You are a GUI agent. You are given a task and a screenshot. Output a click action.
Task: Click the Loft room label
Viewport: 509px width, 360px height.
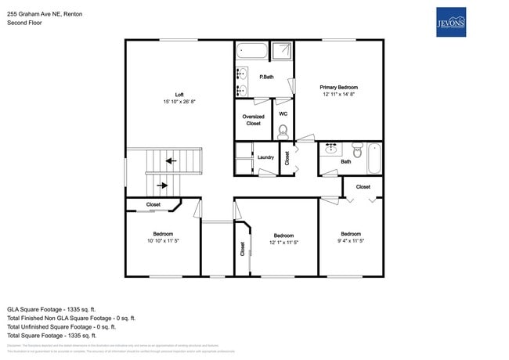[179, 95]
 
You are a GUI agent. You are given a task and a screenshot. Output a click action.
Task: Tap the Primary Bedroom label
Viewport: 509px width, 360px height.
[338, 87]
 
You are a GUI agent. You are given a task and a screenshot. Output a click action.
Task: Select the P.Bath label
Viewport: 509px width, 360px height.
[266, 77]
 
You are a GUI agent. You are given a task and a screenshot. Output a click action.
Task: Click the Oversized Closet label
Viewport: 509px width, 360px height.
[253, 120]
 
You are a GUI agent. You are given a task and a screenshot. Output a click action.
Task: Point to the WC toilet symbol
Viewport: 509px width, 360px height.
[283, 131]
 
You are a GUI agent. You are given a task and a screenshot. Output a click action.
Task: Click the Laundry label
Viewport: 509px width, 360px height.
[265, 157]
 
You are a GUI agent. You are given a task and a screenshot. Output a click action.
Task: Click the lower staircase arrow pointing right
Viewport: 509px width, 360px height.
[162, 185]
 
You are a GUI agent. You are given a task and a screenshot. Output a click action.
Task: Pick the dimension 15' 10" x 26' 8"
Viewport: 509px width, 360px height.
[179, 103]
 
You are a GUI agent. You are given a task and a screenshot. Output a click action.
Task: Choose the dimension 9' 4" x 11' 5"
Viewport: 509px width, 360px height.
[350, 241]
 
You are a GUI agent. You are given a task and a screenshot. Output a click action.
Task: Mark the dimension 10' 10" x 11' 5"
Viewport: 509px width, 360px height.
[163, 241]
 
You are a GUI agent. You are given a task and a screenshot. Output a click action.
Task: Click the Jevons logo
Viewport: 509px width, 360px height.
[450, 23]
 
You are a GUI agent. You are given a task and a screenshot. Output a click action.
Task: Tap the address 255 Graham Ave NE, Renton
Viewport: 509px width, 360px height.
[45, 14]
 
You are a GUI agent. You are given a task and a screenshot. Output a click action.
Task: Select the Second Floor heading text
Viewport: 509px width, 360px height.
[25, 23]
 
